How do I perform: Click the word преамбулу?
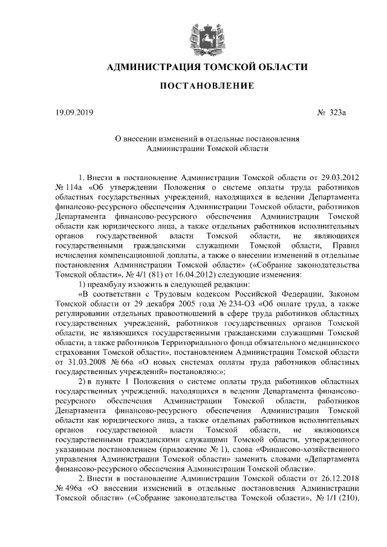click(111, 284)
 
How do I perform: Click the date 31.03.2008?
click(83, 361)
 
